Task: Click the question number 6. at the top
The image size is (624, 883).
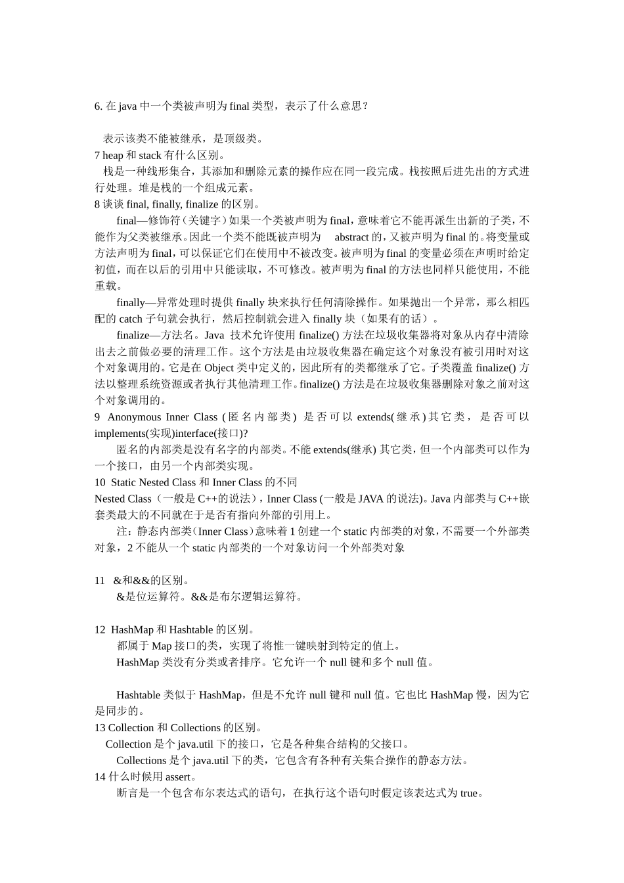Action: [x=99, y=106]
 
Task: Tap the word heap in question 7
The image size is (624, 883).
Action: [x=112, y=156]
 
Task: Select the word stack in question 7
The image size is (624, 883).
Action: [x=150, y=156]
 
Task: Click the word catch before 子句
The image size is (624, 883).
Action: [x=131, y=319]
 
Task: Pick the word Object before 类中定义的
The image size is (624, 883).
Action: [x=219, y=368]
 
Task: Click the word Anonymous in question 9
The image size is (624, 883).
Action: [x=134, y=417]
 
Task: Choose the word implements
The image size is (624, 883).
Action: [x=120, y=434]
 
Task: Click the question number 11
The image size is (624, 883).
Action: [x=100, y=581]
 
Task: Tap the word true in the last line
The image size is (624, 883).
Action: [x=469, y=794]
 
